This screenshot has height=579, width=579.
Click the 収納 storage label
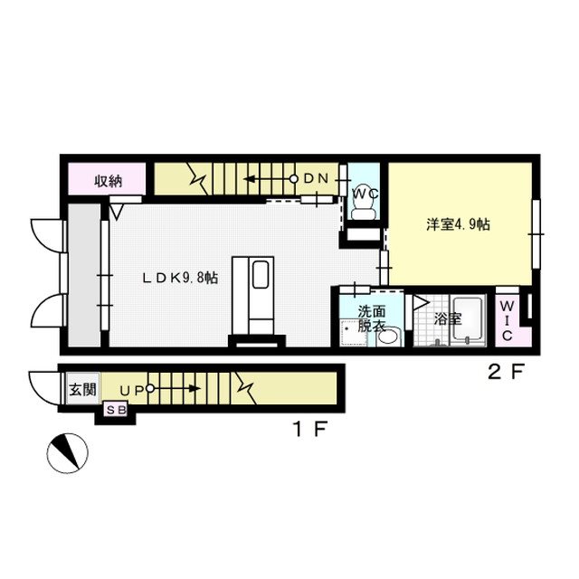(108, 180)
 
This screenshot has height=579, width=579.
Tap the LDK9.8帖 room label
(177, 279)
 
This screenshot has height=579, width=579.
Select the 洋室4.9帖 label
(458, 224)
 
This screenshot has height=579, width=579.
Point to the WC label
(364, 194)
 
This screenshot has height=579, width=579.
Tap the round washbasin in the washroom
(388, 338)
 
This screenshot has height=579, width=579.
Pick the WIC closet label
(507, 319)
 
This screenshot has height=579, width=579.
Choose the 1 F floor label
(307, 430)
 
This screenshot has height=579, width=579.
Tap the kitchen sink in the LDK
(260, 273)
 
